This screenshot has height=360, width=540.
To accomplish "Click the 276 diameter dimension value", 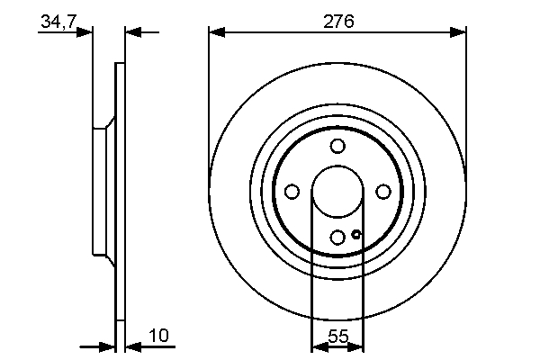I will (337, 19).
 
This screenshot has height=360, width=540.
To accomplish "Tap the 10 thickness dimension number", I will (158, 336).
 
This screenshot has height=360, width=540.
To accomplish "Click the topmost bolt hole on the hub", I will (337, 147).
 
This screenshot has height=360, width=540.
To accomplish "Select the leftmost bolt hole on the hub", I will (292, 192).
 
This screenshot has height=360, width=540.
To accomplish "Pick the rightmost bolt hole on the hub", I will (383, 192).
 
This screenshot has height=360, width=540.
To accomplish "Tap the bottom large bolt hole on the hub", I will (337, 238).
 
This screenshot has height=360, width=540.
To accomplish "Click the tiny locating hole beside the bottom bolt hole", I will (356, 235).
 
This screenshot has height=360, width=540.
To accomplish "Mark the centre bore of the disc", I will (337, 192).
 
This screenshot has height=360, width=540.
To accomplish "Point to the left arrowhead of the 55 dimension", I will (317, 346).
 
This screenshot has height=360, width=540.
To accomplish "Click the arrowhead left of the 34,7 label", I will (85, 32).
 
